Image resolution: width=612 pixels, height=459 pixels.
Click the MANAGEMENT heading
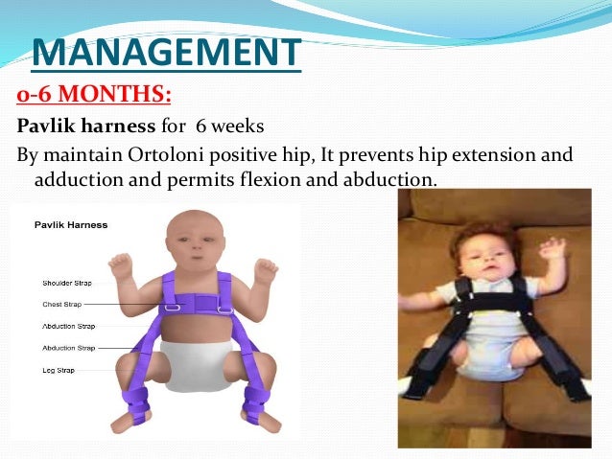(x=166, y=52)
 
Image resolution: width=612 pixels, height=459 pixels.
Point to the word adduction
(x=75, y=179)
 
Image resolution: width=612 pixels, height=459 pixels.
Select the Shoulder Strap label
(x=68, y=283)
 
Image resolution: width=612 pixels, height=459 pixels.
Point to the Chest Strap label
(x=62, y=304)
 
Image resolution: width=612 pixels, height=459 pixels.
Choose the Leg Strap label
(x=59, y=368)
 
